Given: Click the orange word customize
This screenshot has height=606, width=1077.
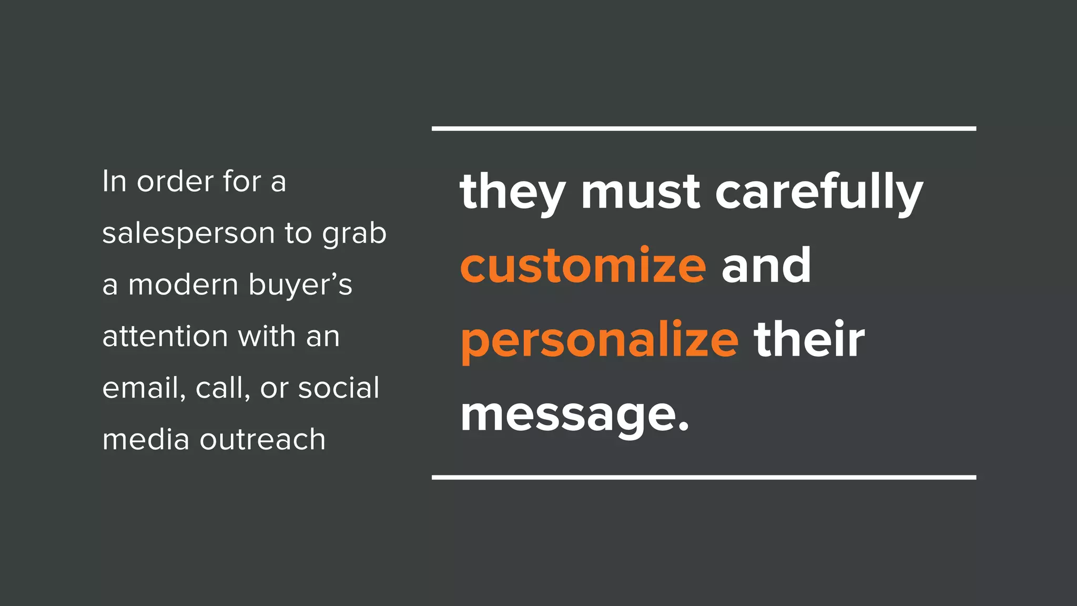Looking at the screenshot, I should click(583, 266).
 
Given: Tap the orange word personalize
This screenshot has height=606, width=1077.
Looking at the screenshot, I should click(600, 340).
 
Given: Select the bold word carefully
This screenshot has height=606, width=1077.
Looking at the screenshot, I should click(819, 192).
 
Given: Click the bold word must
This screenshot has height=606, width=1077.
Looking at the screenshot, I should click(640, 192).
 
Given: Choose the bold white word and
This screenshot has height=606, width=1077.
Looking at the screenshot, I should click(766, 266).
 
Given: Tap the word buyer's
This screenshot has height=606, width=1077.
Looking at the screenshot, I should click(300, 286).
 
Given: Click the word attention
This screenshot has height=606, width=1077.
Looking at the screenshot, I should click(165, 336).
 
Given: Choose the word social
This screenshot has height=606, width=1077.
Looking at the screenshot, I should click(339, 388).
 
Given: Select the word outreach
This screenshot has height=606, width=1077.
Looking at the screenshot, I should click(262, 439).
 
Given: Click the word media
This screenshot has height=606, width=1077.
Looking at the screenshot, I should click(146, 439).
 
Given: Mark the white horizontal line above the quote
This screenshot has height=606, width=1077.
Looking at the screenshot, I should click(704, 128).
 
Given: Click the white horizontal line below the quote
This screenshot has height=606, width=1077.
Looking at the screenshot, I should click(704, 477).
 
